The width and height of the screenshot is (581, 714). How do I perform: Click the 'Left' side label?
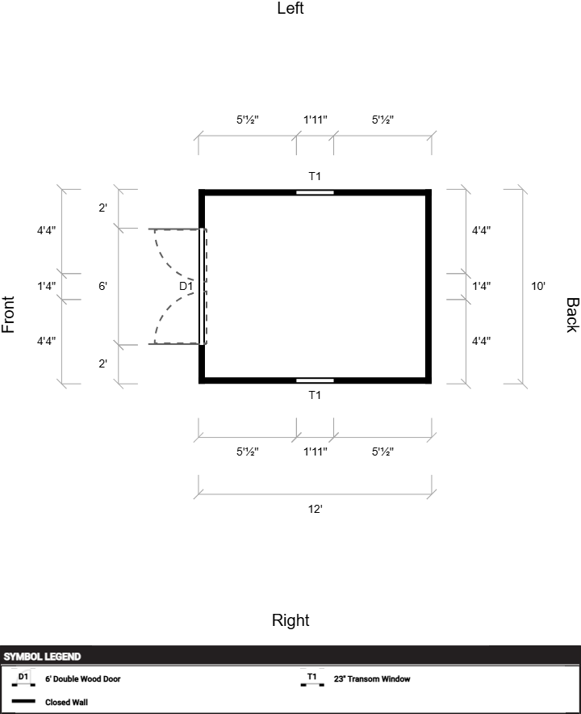coord(290,8)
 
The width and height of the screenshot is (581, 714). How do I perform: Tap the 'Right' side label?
coord(290,620)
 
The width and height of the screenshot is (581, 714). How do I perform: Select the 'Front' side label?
coord(8,315)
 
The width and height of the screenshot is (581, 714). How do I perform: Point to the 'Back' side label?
coord(572,315)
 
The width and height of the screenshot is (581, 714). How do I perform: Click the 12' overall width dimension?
coord(315,509)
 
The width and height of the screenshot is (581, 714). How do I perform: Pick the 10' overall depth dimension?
coord(538,286)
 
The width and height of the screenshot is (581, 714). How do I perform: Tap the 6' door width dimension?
coord(102,286)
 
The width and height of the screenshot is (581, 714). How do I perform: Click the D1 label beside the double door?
coord(186,286)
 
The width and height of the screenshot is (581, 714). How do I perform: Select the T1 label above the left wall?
coord(315,176)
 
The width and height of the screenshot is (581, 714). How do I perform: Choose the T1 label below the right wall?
coord(315,395)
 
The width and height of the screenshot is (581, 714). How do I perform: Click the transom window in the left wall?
coord(315,192)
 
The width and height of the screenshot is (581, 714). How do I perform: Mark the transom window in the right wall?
coord(315,380)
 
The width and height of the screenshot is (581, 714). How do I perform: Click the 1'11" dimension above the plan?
coord(316,120)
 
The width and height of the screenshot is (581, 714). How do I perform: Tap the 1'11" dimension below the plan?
coord(316,451)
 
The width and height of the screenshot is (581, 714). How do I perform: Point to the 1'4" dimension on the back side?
coord(482,286)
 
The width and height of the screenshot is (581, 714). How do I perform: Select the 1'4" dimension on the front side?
coord(47,286)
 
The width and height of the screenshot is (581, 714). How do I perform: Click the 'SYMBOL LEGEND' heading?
coord(42,657)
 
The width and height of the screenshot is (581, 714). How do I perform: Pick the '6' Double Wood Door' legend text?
coord(83,679)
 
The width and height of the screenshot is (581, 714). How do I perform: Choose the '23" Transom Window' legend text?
coord(372,679)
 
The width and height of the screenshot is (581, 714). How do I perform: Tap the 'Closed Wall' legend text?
coord(66,702)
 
